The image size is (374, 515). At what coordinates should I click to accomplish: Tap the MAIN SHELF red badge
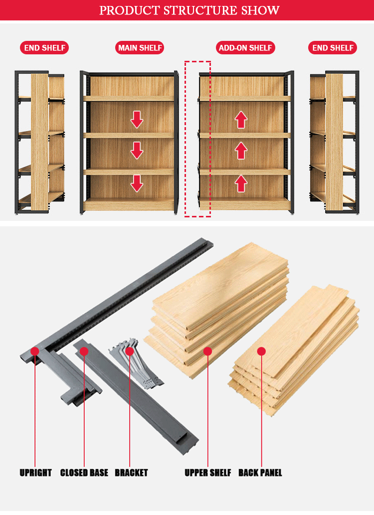click(140, 48)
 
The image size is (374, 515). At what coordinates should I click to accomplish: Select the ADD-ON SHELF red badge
click(246, 48)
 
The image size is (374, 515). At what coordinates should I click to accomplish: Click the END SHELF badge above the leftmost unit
click(44, 48)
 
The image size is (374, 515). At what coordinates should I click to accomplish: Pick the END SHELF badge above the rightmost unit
click(333, 48)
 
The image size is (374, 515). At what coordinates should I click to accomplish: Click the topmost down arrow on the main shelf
click(137, 120)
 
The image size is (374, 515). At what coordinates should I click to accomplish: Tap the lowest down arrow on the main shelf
click(137, 183)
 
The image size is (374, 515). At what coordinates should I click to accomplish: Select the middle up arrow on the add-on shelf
click(241, 151)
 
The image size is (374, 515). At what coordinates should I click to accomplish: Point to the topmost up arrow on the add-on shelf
click(241, 120)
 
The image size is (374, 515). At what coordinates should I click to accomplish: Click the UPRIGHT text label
click(35, 473)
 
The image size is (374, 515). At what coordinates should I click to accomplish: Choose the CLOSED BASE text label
click(84, 473)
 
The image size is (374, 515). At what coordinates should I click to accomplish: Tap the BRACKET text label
click(131, 473)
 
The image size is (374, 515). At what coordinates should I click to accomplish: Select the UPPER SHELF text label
click(208, 473)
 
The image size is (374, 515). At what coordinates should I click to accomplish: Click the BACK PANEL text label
click(260, 473)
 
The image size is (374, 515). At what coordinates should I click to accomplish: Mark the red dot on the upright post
click(35, 351)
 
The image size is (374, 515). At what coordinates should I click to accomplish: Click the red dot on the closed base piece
click(84, 351)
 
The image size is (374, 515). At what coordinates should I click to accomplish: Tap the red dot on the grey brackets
click(130, 351)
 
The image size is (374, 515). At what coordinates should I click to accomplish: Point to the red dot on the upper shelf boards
click(208, 351)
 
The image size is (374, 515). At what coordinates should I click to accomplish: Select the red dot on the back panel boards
click(261, 351)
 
